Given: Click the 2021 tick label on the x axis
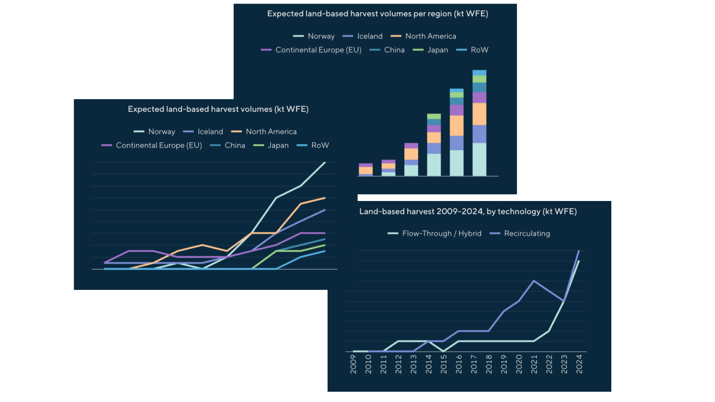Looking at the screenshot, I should tap(534, 364).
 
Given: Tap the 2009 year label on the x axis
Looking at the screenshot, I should tap(353, 364).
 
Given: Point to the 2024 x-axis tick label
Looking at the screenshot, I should tap(579, 364).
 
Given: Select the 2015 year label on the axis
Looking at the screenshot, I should tap(444, 364).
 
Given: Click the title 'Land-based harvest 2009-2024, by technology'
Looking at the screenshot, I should tap(468, 212).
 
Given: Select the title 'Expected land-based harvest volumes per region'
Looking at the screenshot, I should tap(378, 14).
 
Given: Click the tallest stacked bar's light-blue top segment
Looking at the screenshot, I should tap(479, 73).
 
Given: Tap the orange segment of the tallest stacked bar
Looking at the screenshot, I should tap(479, 114).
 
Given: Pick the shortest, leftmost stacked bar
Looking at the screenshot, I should tap(366, 170).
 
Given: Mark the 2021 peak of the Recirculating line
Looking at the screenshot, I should tap(534, 281).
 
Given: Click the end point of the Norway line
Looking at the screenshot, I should tap(325, 163).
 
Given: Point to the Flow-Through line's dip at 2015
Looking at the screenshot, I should tap(444, 351).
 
